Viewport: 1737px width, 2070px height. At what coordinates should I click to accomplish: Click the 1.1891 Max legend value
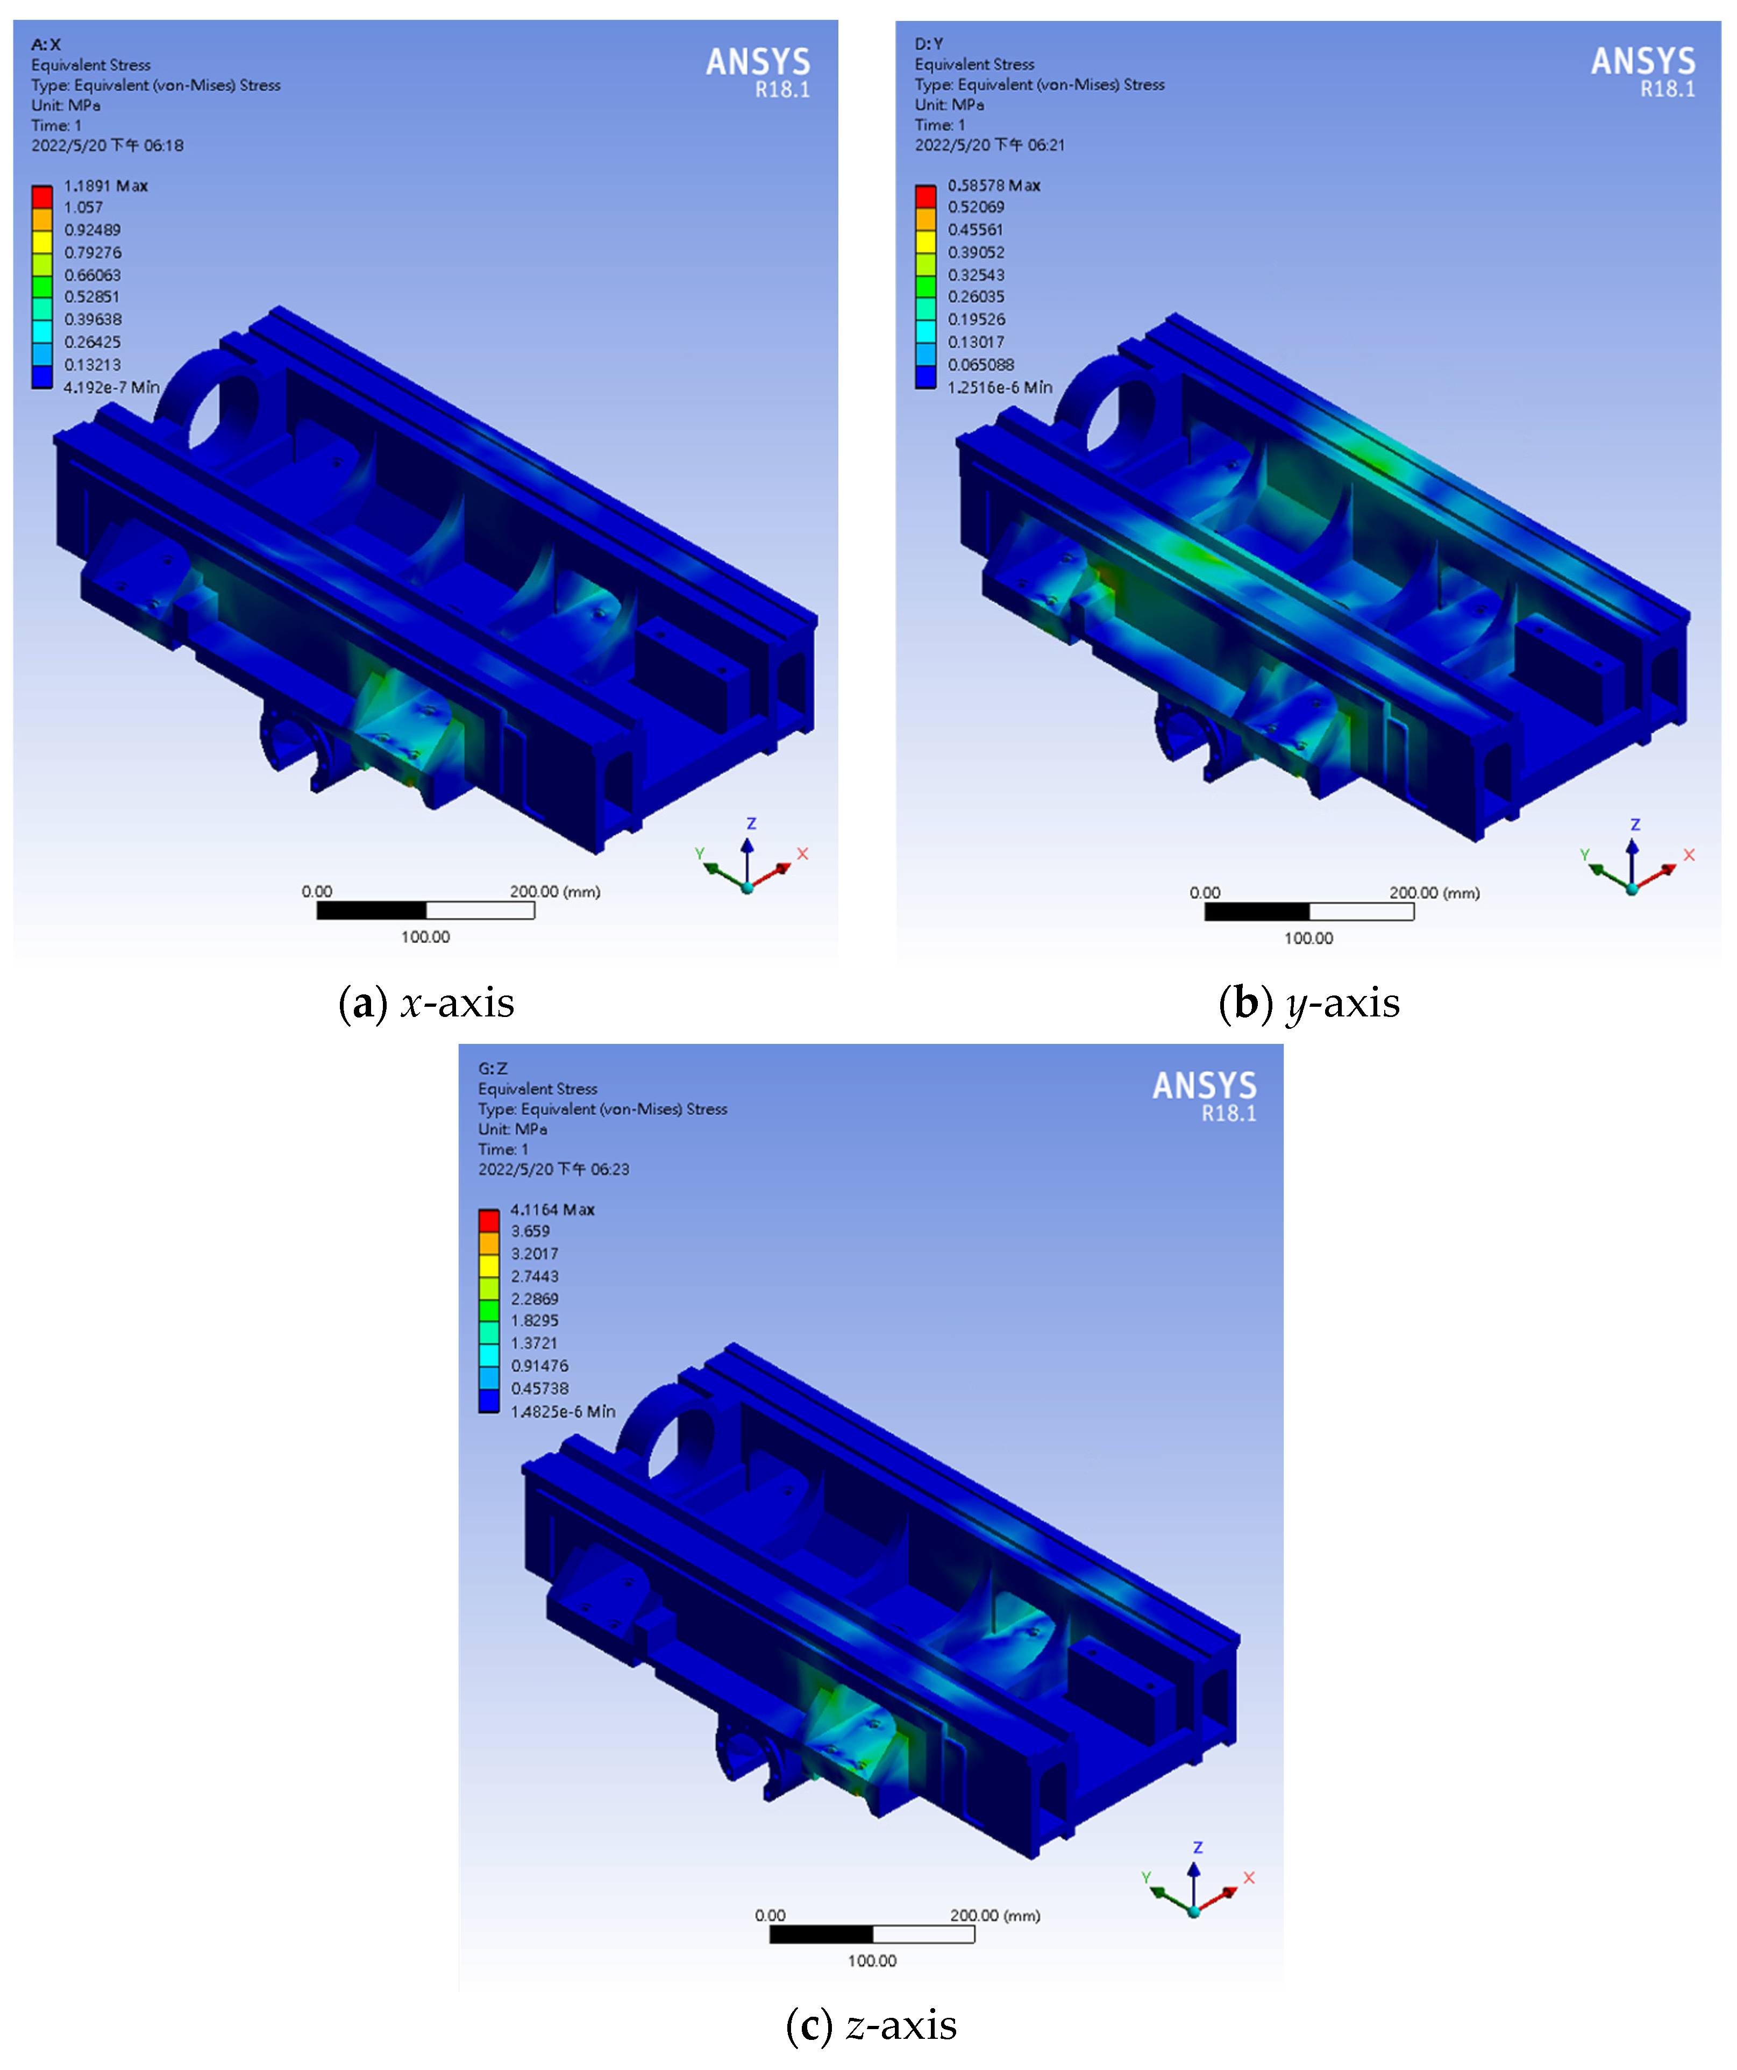(105, 186)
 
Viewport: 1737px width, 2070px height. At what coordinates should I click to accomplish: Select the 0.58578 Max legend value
(994, 186)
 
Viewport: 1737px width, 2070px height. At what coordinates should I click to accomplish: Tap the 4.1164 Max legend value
(552, 1210)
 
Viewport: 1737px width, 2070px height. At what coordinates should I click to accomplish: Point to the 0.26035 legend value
(976, 297)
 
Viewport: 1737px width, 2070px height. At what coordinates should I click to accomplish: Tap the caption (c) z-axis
(871, 2026)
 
